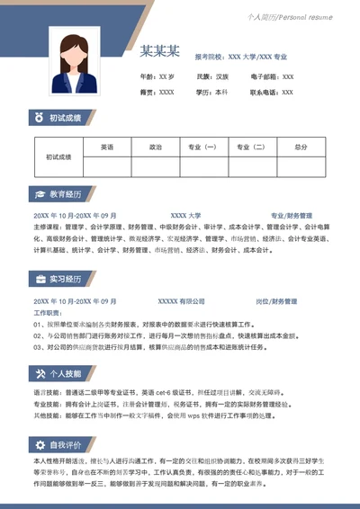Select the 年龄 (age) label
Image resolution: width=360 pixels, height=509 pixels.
[x=148, y=77]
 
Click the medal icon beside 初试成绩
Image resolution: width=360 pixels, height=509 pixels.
[x=39, y=118]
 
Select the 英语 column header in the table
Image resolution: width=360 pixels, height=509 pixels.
[x=107, y=147]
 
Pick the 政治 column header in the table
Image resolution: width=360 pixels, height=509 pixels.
[x=156, y=147]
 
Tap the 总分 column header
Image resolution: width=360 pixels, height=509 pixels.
[x=301, y=147]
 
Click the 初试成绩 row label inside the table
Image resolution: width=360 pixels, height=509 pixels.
[x=58, y=156]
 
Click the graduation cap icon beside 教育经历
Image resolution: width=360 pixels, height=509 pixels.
[x=39, y=194]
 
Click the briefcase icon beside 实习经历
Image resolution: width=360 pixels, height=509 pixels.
[x=39, y=280]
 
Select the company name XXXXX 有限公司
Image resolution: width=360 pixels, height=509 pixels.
[x=182, y=301]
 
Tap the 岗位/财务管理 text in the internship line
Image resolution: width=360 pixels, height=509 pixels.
[x=276, y=301]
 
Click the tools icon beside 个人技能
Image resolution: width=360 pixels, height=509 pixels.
[x=39, y=373]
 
